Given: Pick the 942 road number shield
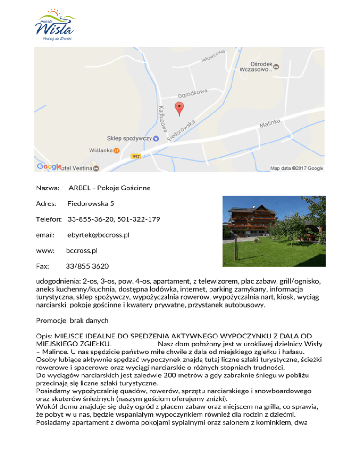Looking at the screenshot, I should point(135,156).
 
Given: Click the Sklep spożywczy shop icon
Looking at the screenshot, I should point(156,139).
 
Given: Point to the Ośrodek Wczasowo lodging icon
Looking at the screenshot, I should point(277,67).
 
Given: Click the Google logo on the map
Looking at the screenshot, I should point(48,166).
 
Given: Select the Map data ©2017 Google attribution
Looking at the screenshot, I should point(297,168).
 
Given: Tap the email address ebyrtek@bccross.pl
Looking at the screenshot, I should point(98,235).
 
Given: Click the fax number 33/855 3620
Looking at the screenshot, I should point(88,266).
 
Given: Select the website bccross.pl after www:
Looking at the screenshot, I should point(82,251).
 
